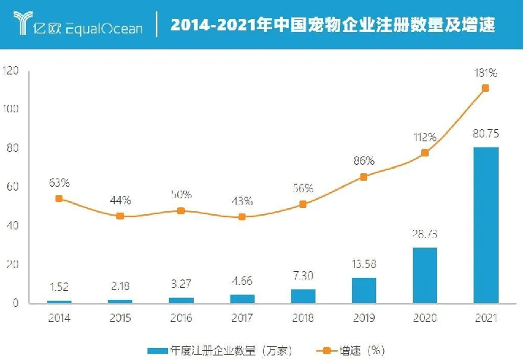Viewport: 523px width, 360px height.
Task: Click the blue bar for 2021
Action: point(485,225)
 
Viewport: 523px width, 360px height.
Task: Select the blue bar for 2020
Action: point(425,275)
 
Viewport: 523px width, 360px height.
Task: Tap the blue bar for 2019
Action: point(364,290)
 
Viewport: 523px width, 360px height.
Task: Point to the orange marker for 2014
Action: point(59,198)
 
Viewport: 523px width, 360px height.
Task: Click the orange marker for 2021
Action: point(485,88)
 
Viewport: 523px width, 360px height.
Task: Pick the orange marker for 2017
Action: point(242,216)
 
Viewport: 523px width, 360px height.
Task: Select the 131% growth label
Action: point(485,73)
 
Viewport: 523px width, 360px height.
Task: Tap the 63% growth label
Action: point(59,182)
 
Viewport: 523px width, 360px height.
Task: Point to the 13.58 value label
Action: point(364,267)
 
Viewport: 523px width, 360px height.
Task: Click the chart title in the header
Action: point(333,24)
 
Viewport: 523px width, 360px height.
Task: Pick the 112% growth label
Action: point(425,137)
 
